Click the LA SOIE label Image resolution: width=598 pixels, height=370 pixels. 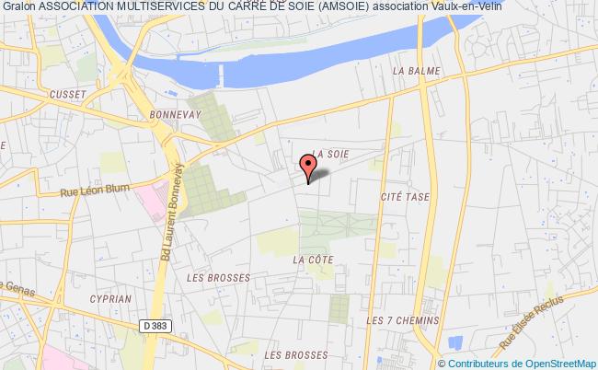pyautogui.click(x=330, y=154)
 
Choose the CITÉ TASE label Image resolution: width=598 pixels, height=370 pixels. pyautogui.click(x=401, y=197)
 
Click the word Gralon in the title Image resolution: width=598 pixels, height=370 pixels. pyautogui.click(x=19, y=8)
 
